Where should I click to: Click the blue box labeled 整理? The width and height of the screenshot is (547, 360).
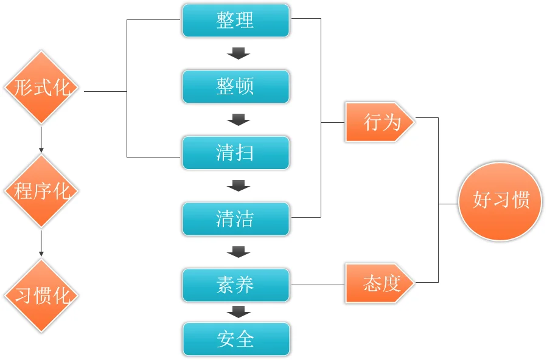235,20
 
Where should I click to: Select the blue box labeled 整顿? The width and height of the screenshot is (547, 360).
235,86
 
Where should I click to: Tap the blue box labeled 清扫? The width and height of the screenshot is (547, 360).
235,152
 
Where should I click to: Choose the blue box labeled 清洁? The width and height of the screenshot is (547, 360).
235,218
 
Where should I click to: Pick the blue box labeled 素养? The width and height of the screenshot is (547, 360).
235,285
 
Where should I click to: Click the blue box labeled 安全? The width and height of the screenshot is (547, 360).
235,339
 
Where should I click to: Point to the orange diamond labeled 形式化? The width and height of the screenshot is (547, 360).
41,88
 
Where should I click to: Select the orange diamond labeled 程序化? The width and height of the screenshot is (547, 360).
41,192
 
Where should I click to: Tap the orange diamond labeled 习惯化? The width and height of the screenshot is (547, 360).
41,296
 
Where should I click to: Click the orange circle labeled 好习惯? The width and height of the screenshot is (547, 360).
500,200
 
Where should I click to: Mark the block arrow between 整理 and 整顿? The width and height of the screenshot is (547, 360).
238,54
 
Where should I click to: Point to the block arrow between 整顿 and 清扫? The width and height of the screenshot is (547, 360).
238,119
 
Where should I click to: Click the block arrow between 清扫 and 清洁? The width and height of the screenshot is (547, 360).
238,185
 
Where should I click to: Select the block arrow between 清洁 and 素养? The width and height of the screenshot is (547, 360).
238,251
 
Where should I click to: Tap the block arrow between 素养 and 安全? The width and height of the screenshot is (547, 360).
238,311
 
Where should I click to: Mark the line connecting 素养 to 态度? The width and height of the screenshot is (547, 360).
318,285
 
